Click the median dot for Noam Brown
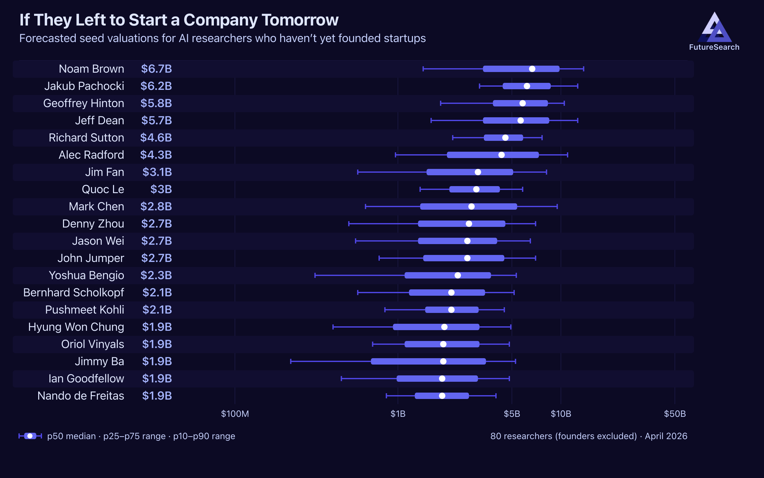pos(532,69)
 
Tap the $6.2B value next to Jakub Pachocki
pos(156,86)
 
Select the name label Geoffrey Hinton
pos(84,103)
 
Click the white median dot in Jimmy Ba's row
pos(443,361)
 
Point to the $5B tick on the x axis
pos(512,414)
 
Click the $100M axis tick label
pos(235,414)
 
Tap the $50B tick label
pos(675,414)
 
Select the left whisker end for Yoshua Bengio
pos(315,275)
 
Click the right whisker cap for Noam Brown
pos(584,69)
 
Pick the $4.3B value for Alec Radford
pos(156,155)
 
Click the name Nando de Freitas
pos(81,396)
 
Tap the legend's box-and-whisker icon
pos(30,436)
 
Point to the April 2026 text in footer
pos(666,436)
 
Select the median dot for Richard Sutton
pos(505,138)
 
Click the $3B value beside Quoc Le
pos(161,189)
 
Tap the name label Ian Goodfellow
pos(86,379)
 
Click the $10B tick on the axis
pos(561,414)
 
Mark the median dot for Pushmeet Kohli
pos(451,310)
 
